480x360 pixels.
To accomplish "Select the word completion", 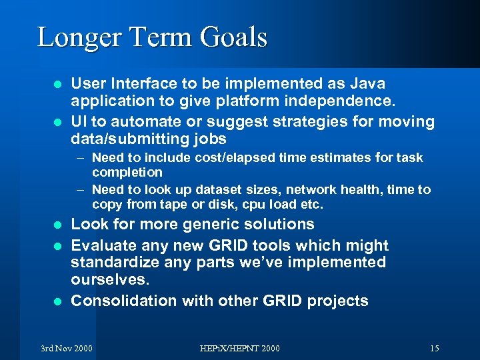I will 127,172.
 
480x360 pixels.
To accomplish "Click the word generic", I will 187,224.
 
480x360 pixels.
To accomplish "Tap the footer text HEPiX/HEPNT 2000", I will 241,349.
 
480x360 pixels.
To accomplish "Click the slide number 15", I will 434,349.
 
